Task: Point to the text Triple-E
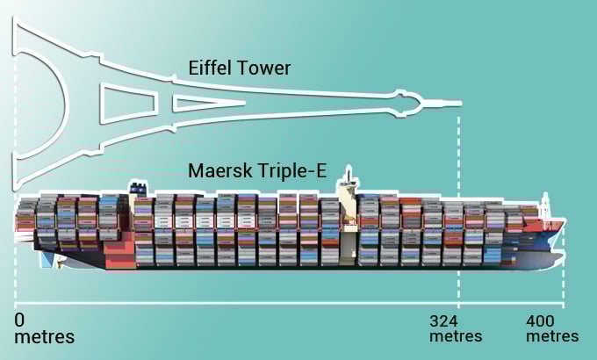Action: coord(291,170)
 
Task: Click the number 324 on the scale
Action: coord(443,321)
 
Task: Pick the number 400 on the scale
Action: coord(540,321)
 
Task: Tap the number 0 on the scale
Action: coord(19,320)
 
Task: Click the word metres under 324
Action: coord(456,336)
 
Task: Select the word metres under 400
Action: coord(552,336)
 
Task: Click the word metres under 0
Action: coord(44,337)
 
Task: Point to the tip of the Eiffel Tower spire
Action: coord(462,104)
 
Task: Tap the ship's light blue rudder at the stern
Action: coord(47,259)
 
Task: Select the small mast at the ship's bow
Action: coord(545,205)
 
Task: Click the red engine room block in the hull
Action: coord(119,254)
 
